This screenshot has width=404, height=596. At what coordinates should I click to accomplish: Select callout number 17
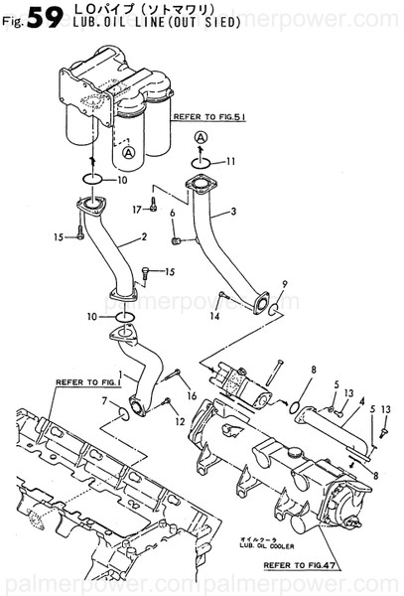click(x=138, y=210)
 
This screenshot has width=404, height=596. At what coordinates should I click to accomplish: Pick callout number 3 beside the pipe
click(x=234, y=212)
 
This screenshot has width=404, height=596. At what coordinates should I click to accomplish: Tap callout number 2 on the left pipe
click(x=145, y=237)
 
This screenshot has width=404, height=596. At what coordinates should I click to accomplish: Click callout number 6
click(x=173, y=214)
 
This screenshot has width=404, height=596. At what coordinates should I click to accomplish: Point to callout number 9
click(x=284, y=285)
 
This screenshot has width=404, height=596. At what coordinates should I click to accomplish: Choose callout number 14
click(x=213, y=317)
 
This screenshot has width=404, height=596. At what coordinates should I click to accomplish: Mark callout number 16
click(x=193, y=395)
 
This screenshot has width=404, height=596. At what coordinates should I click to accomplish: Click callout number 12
click(x=181, y=422)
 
